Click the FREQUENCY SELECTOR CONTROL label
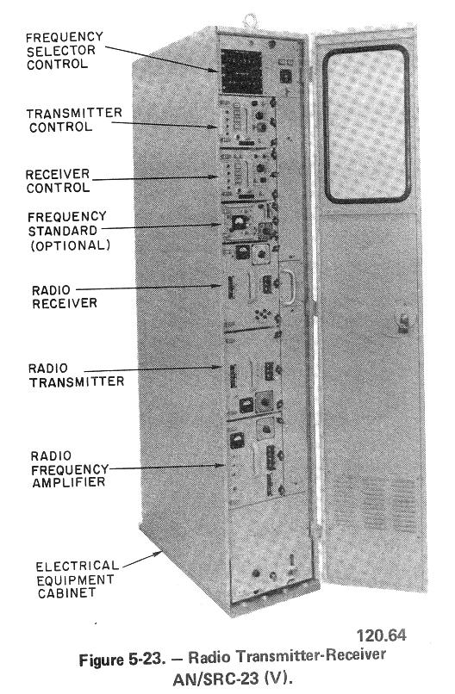[65, 51]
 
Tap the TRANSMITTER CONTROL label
[74, 120]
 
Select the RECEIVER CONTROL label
[58, 181]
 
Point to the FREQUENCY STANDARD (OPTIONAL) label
[68, 231]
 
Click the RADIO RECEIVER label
[65, 296]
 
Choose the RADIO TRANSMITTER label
[76, 375]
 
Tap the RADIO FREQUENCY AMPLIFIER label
[70, 468]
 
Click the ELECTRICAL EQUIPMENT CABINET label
[77, 579]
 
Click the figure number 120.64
[381, 635]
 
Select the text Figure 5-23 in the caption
[122, 660]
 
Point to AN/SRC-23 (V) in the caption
[233, 679]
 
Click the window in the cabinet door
[366, 124]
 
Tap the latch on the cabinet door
[402, 322]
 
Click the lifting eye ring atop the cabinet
[250, 20]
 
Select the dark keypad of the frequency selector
[241, 71]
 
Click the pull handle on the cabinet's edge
[289, 288]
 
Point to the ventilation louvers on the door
[375, 503]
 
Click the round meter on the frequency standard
[240, 222]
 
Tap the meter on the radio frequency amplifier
[237, 440]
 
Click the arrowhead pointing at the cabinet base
[158, 554]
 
